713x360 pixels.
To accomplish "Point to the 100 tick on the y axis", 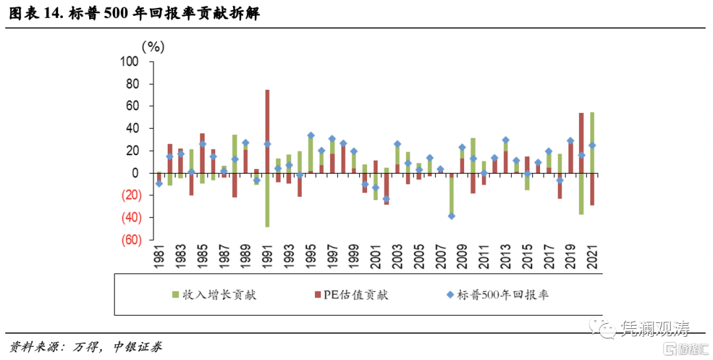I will pos(129,61).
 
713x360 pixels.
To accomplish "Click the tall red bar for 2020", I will pos(581,143).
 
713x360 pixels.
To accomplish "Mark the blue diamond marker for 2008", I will pos(452,215).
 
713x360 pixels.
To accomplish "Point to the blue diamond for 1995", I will pos(310,135).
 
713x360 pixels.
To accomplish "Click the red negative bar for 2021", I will pos(592,189).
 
